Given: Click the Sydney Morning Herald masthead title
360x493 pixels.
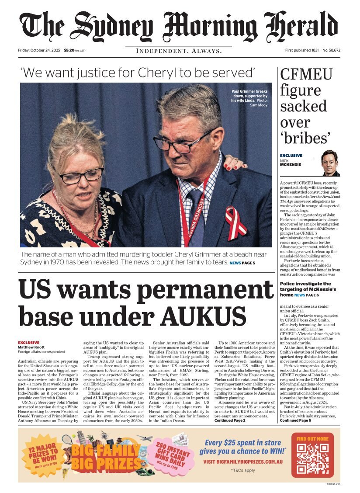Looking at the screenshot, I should (x=179, y=25).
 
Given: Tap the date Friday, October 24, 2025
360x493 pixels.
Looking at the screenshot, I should (x=40, y=50).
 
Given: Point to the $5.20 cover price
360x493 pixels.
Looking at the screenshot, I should (x=69, y=50).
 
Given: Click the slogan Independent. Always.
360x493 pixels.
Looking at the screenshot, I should (x=179, y=51).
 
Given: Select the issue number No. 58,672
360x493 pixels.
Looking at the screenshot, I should (x=332, y=50).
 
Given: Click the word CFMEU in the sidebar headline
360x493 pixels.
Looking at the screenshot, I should (x=306, y=75).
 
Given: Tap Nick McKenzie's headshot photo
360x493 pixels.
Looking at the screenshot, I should (x=330, y=163).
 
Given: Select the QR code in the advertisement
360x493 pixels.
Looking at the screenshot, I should (x=313, y=459).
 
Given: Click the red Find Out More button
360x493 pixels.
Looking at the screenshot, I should (x=313, y=439).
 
